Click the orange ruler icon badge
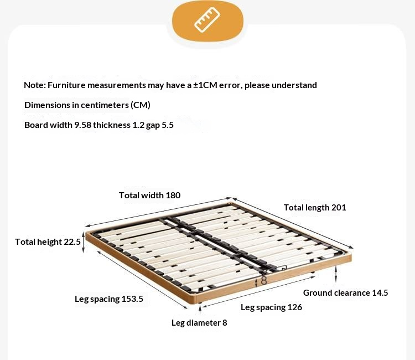coord(207,21)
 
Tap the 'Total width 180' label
coord(149,195)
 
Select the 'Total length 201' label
coord(315,208)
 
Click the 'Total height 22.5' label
coord(48,241)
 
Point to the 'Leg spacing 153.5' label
coord(109,299)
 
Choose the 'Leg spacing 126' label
coord(271,307)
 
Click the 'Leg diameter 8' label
coord(199,323)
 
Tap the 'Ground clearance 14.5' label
coord(345,293)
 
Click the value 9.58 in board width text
coord(82,125)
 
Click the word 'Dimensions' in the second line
coord(45,105)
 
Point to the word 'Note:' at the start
coord(34,85)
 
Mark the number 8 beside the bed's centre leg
coord(264,280)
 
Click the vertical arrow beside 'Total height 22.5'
coord(84,243)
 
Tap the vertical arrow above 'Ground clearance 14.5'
coord(336,273)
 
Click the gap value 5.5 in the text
coord(167,125)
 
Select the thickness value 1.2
coord(138,125)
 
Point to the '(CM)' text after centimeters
coord(140,105)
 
